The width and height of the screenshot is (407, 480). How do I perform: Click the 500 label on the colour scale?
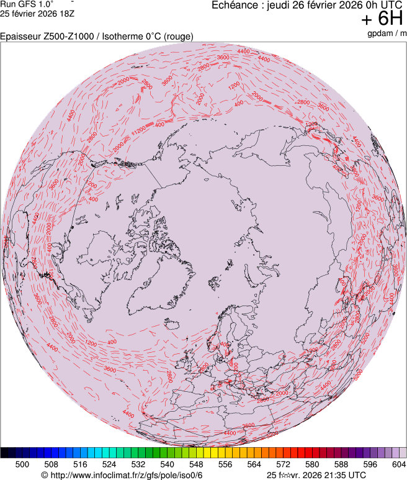[x=22, y=464]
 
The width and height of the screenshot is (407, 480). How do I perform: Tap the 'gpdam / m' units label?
[x=387, y=33]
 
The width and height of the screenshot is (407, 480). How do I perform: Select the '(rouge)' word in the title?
[x=178, y=37]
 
